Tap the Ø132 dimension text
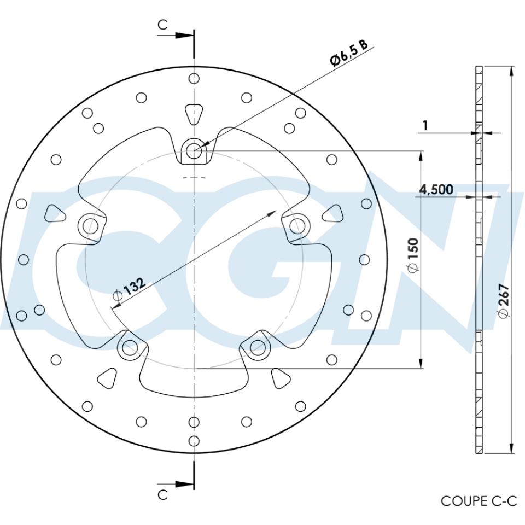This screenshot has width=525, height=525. [x=129, y=289]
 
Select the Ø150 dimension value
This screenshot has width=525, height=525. [x=413, y=256]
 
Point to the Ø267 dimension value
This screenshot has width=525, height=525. [x=504, y=300]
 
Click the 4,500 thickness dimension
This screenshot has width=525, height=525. [x=436, y=190]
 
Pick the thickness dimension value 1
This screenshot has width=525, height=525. [x=425, y=125]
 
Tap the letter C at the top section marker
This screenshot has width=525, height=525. [x=163, y=25]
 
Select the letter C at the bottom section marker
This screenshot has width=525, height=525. [x=163, y=494]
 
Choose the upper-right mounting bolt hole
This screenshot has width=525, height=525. [x=296, y=224]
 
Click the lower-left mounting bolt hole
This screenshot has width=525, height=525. [x=129, y=346]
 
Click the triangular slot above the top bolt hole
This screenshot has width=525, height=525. [x=194, y=114]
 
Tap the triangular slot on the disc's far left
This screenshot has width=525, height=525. [x=54, y=212]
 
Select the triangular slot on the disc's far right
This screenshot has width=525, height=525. [x=332, y=212]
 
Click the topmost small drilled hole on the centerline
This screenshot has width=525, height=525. [x=194, y=79]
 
